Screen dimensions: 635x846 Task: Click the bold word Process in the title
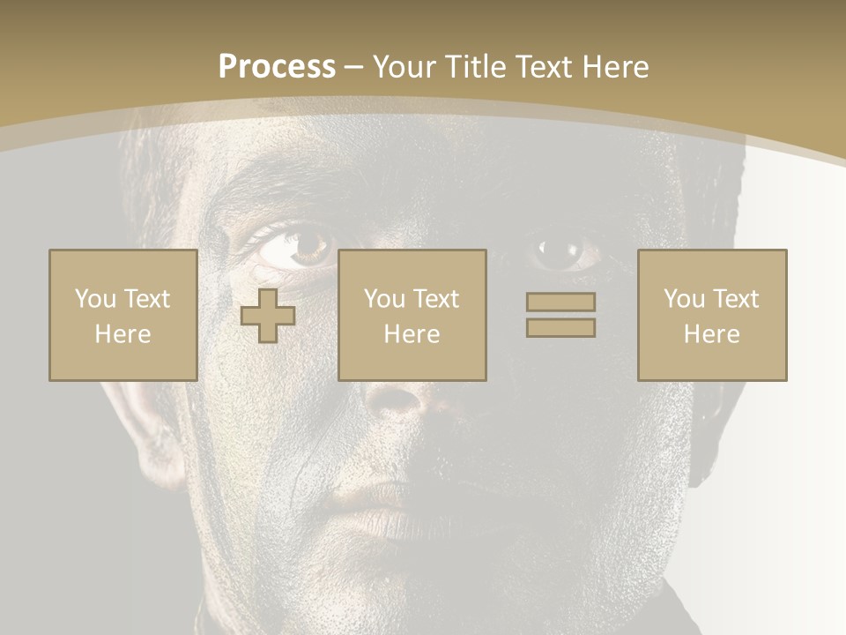click(x=277, y=67)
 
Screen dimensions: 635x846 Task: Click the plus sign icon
click(x=268, y=316)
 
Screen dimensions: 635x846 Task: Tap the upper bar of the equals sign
click(x=560, y=302)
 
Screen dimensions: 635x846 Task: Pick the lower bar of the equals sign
click(x=560, y=328)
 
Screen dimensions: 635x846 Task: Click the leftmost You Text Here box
click(x=122, y=315)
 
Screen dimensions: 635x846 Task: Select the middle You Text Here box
click(x=412, y=315)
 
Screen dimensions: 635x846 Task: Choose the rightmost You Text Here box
click(x=711, y=315)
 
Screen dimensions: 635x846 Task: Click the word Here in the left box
click(x=122, y=334)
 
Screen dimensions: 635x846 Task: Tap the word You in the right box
click(x=683, y=299)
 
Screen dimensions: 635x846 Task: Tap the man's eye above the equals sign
click(x=560, y=252)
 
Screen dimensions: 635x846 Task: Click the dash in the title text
click(x=354, y=67)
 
